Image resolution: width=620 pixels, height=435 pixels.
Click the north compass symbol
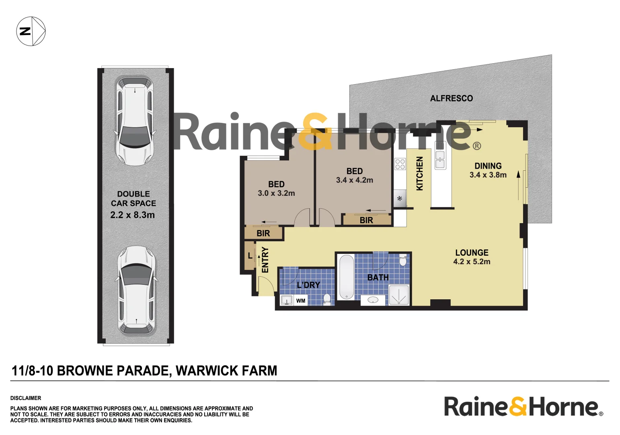(31, 31)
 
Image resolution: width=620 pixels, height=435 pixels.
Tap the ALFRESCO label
(451, 98)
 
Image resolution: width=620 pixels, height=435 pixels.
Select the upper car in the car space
(135, 121)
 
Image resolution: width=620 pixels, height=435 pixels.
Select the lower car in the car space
(136, 290)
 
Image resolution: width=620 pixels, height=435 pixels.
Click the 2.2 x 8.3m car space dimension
(133, 215)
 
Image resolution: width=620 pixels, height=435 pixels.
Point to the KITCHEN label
(419, 173)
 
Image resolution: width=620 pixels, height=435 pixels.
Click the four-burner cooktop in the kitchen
(400, 164)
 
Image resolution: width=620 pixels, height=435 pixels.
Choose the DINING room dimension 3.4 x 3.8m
(488, 175)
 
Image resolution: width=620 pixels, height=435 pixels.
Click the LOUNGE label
(472, 253)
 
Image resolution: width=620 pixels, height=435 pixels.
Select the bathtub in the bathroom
(346, 278)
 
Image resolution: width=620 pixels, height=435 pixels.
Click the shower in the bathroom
(399, 295)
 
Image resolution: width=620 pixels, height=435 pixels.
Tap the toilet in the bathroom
(402, 260)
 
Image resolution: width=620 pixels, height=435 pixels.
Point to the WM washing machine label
(301, 300)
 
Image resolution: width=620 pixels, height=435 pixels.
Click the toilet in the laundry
(327, 299)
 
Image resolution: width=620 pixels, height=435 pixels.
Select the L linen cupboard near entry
(250, 256)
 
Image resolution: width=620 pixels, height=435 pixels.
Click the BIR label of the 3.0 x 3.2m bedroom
(263, 233)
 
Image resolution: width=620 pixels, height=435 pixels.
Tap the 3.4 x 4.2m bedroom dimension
(355, 180)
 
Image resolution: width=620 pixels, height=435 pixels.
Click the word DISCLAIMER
(26, 398)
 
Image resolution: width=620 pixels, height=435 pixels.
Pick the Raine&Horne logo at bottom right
(523, 406)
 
